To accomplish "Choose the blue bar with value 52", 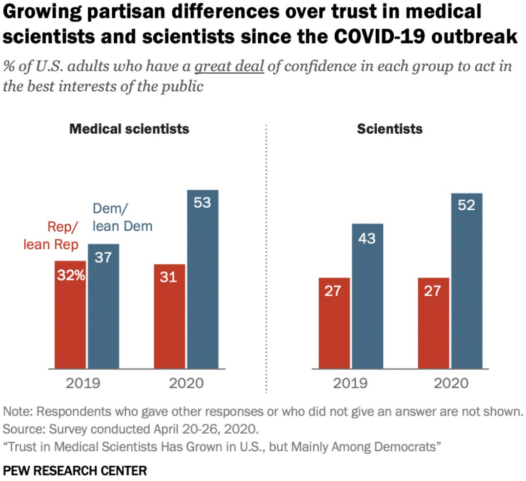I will coord(466,281).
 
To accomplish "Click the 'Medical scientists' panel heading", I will coord(129,129).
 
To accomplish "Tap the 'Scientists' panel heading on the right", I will coord(390,129).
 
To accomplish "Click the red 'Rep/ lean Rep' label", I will coord(51,236).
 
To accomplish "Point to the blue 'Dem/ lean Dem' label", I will coord(122,218).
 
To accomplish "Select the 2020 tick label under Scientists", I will coord(450,383).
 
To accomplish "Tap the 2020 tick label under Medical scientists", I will coord(186,383).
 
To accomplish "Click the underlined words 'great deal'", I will coord(229,66).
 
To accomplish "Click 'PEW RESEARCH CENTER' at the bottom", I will coord(75,470).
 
